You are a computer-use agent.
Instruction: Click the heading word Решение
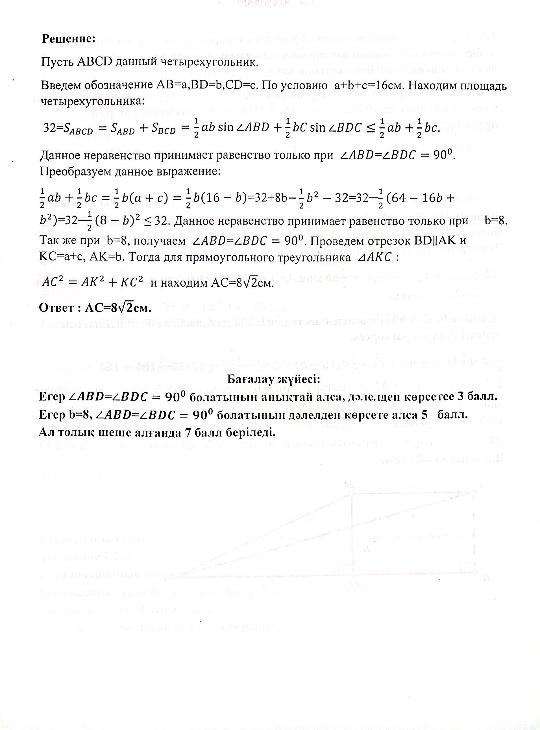click(x=68, y=39)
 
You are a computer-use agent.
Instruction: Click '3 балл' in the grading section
click(x=479, y=397)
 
